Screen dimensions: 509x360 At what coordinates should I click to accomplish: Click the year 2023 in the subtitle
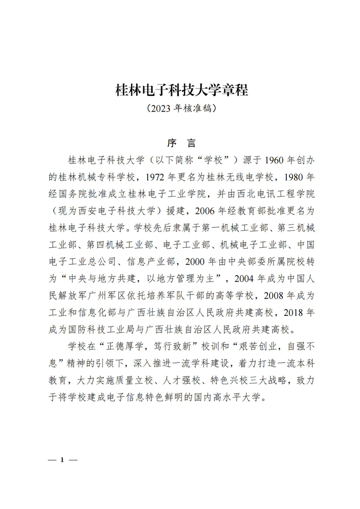(x=163, y=107)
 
